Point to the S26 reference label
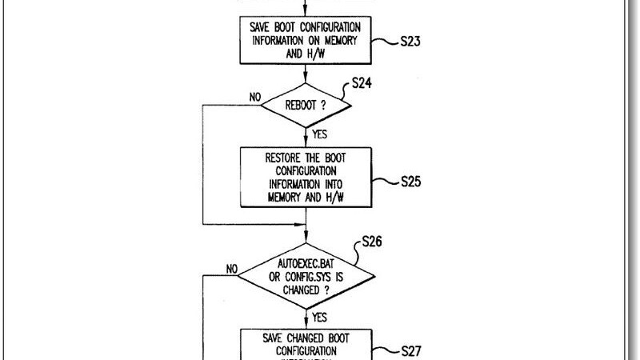[374, 239]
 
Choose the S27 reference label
[414, 350]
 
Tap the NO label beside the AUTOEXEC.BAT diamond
[232, 270]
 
